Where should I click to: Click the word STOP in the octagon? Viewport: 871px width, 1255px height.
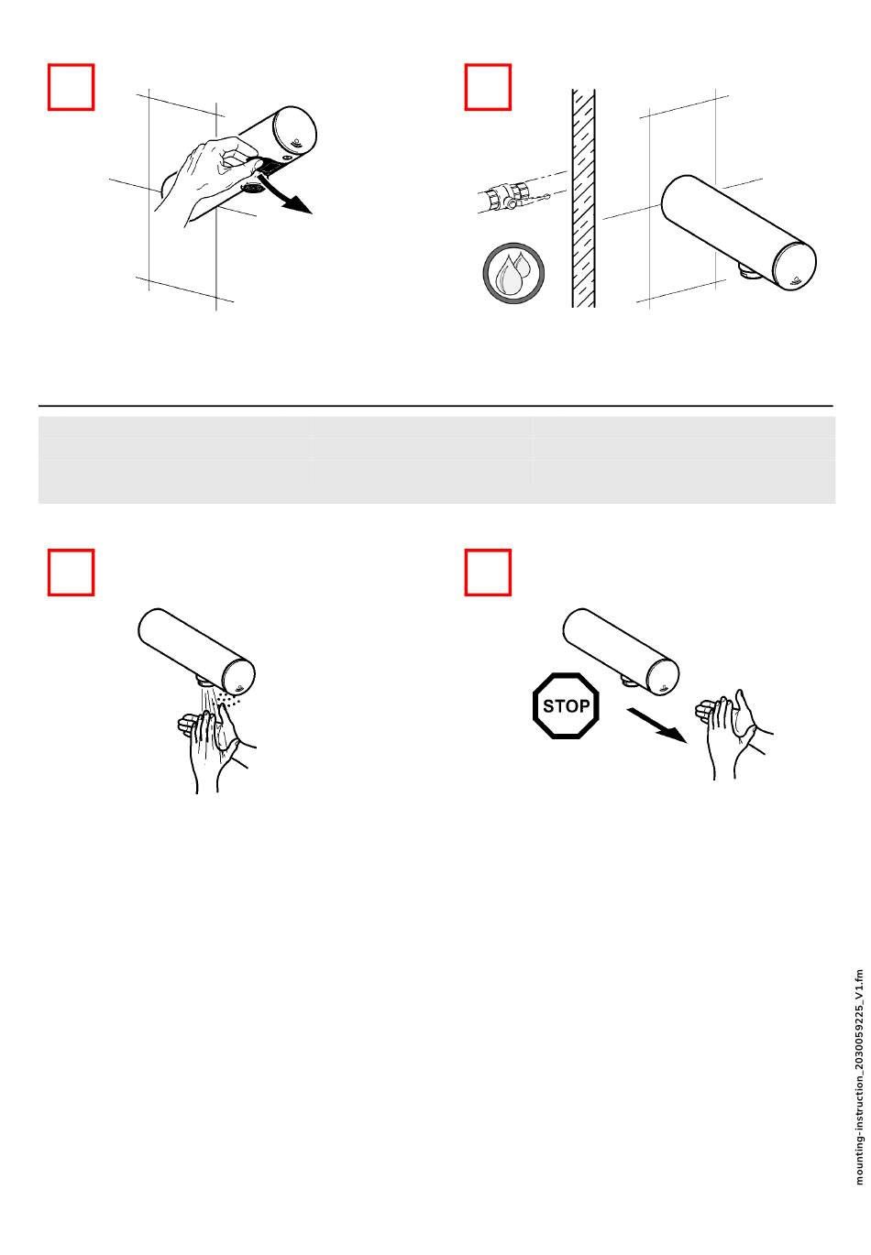566,705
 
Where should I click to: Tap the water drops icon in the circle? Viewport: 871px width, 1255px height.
513,273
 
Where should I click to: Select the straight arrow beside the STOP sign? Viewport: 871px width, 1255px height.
656,725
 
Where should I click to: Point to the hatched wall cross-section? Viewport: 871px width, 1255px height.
583,198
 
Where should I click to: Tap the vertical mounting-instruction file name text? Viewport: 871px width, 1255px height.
859,1077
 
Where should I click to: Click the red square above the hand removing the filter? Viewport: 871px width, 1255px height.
71,87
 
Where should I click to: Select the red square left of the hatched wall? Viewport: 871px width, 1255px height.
488,87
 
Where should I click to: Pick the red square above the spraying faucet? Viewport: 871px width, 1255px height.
71,572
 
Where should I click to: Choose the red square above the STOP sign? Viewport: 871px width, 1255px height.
488,572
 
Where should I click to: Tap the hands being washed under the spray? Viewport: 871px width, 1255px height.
216,747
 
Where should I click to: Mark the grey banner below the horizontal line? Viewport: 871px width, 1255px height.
436,460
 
